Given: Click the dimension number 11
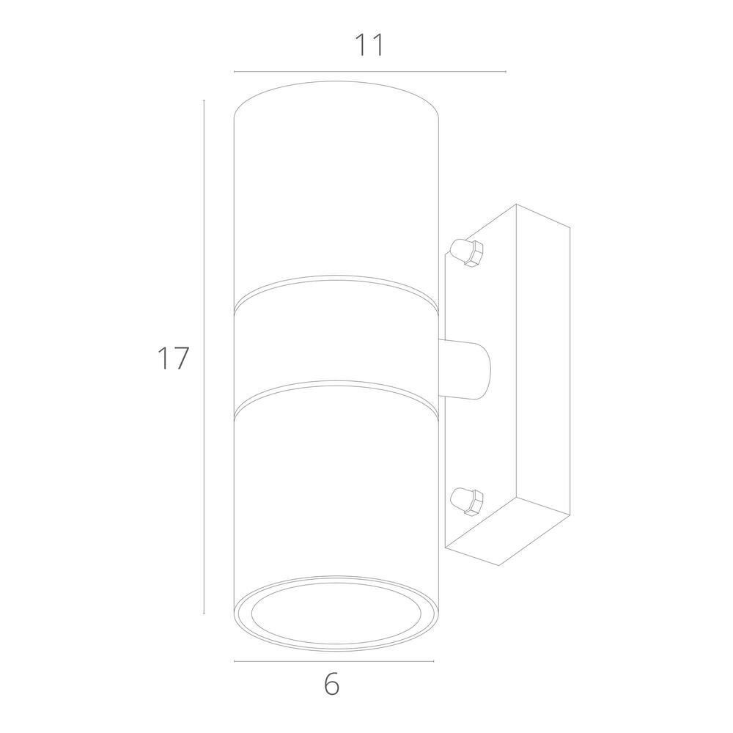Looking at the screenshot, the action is pos(369,45).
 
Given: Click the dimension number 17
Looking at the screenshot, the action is pos(173,358).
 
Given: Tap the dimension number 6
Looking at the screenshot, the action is pos(331,685).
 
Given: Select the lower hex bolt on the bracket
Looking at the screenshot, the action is pos(466,501).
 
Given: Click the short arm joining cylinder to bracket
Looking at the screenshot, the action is pos(465,369).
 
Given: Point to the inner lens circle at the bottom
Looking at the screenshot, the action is pos(336,613).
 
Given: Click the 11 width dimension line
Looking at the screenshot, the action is pos(369,72).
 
